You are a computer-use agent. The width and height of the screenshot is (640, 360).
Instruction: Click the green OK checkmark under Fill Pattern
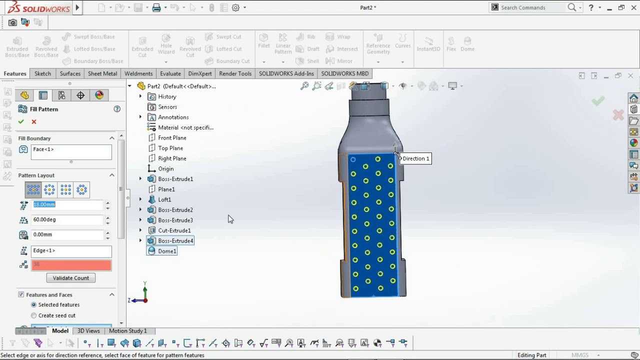(21, 122)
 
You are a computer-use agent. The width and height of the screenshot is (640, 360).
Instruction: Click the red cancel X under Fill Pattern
(34, 122)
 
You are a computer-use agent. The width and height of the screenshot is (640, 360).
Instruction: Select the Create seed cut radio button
(34, 315)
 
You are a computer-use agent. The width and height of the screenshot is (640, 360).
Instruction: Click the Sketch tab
(42, 73)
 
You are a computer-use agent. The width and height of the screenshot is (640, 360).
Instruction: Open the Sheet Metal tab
(102, 73)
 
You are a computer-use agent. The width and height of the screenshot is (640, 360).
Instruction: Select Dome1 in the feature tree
(167, 251)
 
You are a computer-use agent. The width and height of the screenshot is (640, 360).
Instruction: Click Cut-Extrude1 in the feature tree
(174, 230)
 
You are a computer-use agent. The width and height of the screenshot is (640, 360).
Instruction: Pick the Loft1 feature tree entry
(164, 199)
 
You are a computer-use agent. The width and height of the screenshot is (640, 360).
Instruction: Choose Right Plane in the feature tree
(172, 158)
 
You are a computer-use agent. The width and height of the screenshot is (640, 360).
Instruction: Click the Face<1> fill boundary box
(71, 152)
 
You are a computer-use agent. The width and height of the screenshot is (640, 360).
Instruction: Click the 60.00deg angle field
(67, 219)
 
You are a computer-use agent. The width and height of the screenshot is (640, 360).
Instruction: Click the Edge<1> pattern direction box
(71, 250)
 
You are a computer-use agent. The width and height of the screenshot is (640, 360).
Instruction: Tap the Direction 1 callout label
(415, 158)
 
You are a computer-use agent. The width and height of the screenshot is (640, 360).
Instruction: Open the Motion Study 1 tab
(128, 331)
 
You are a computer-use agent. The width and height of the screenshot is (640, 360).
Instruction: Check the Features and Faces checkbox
(21, 295)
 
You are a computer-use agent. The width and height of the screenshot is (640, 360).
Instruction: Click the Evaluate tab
(170, 73)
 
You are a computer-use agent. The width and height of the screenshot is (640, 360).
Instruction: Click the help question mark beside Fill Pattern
(117, 109)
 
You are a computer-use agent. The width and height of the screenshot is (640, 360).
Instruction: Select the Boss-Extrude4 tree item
(175, 241)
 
